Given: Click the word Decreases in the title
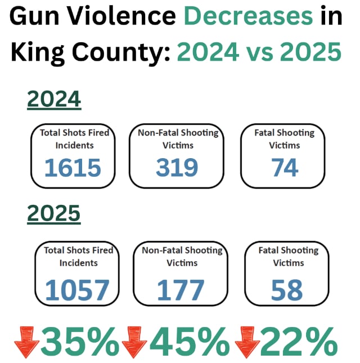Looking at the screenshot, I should [x=249, y=18].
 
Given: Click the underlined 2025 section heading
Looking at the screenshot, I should [x=54, y=214].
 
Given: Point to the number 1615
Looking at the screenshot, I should [x=73, y=168].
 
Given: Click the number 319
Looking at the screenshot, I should [x=177, y=168].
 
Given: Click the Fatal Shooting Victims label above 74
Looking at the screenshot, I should [x=284, y=139].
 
